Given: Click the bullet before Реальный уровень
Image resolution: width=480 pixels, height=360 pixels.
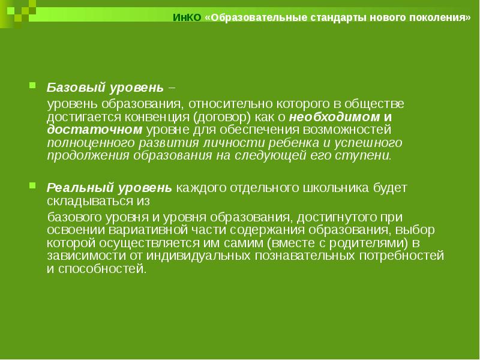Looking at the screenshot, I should (34, 187).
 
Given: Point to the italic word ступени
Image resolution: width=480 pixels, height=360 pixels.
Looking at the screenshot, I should (369, 156).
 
